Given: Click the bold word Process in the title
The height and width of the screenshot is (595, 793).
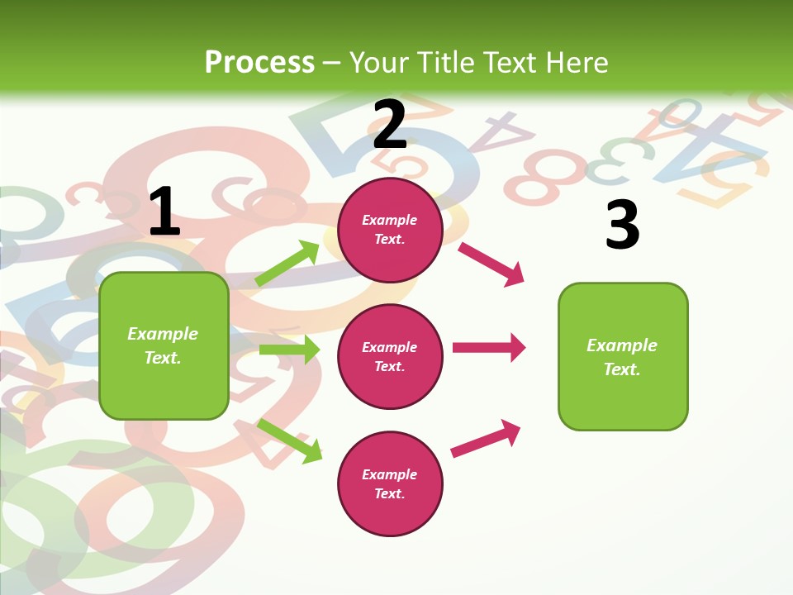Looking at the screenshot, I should [259, 62].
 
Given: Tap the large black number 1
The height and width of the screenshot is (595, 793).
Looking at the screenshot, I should [164, 211].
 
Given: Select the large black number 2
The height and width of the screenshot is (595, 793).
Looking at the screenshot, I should [390, 124].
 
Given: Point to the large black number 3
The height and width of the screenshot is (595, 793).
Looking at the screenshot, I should [622, 224].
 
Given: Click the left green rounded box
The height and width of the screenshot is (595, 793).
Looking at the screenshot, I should [164, 345].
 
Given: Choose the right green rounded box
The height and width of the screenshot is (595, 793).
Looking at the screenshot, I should [623, 356].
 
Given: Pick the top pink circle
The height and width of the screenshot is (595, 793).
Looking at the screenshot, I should [390, 229].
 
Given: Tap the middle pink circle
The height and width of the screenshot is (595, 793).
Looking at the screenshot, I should [390, 356].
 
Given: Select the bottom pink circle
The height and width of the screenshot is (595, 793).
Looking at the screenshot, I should [390, 483].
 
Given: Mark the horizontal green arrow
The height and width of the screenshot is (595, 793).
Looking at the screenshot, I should [289, 350].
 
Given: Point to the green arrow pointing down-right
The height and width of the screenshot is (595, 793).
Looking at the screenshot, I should [290, 440].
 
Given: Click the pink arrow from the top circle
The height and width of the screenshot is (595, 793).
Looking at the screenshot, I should [491, 264].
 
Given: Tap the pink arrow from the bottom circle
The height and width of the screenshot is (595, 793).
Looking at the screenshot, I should [486, 438].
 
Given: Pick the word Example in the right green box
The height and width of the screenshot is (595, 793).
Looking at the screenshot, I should [622, 345].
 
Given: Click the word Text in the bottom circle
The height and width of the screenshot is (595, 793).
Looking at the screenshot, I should [388, 493].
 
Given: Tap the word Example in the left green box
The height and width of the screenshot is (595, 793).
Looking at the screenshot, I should [163, 334].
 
